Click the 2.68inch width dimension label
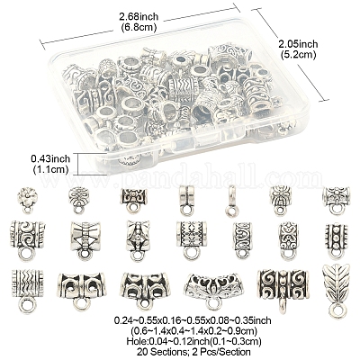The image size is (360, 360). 139,16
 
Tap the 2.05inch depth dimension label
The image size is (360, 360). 298,44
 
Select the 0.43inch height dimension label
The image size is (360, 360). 50,158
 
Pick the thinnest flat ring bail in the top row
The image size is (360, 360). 231,201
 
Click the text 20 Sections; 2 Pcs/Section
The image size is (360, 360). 193,351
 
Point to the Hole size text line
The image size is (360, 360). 193,341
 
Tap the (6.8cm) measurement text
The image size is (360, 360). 139,28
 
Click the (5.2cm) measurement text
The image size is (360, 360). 298,55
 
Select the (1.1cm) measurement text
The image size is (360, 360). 50,169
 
